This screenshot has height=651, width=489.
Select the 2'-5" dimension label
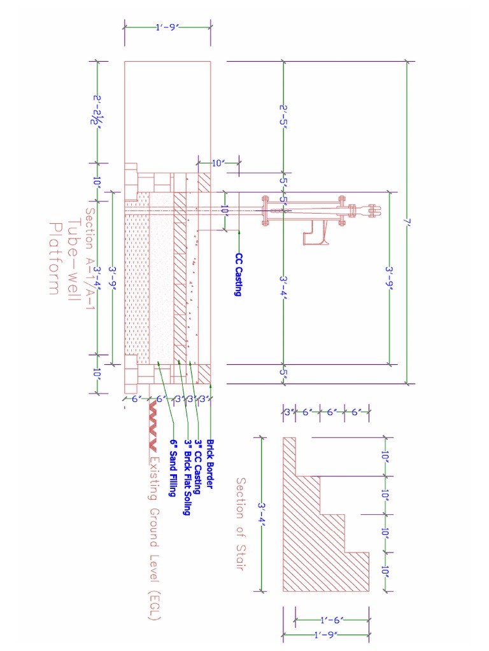(283, 116)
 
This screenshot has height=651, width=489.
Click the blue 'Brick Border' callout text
(210, 463)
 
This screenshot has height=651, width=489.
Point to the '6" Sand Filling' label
(172, 468)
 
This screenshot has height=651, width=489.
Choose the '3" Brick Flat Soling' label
(187, 477)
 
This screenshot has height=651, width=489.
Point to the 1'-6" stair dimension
(332, 619)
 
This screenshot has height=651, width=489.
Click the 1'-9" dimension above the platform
(167, 27)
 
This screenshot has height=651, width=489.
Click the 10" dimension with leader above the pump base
(218, 163)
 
